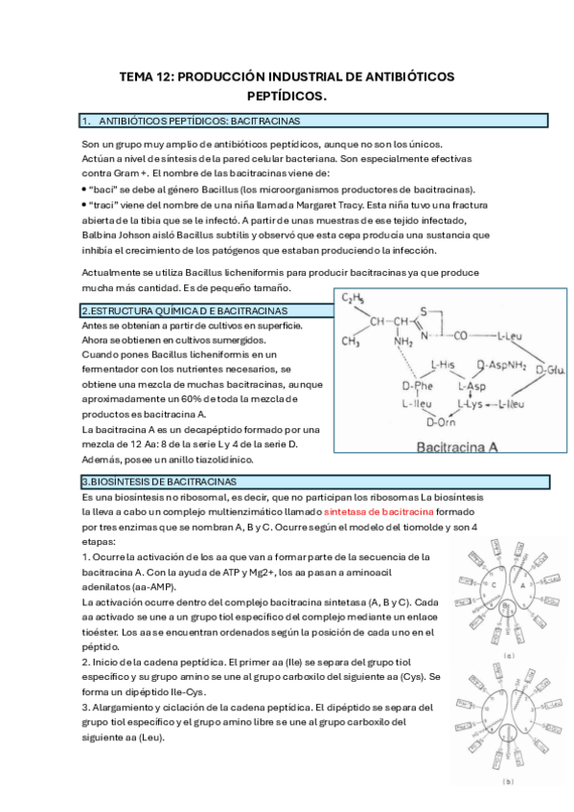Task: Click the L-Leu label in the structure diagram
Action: point(510,337)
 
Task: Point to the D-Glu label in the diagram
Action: point(550,371)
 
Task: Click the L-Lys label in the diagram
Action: point(470,404)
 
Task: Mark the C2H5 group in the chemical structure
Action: point(354,299)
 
